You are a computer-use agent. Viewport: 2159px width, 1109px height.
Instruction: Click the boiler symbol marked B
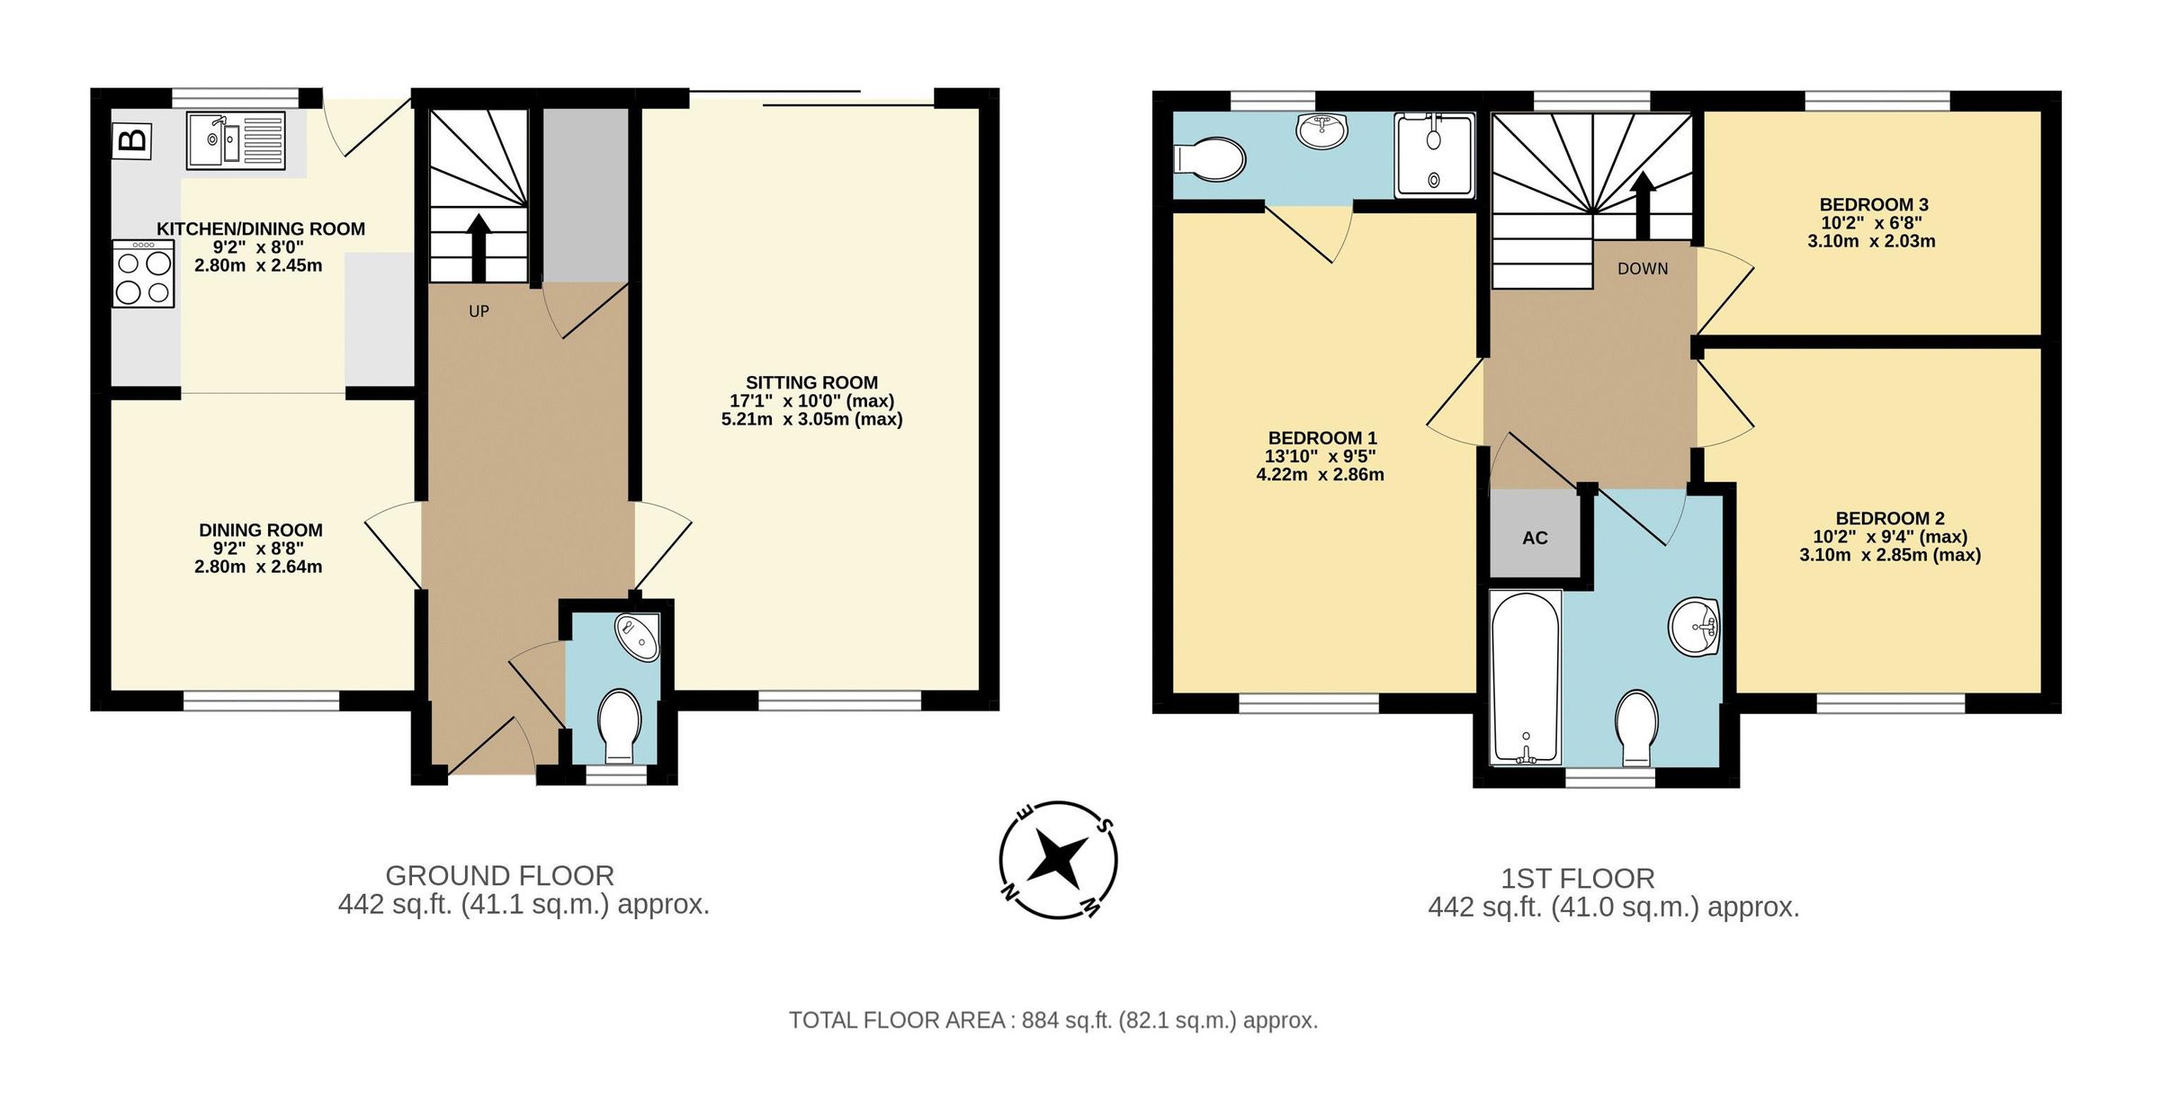pyautogui.click(x=132, y=141)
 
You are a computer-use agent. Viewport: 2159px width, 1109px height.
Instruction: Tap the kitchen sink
pyautogui.click(x=236, y=140)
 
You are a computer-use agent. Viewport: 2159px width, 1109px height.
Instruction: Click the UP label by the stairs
pyautogui.click(x=479, y=311)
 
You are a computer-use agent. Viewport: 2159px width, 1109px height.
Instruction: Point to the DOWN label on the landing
pyautogui.click(x=1643, y=269)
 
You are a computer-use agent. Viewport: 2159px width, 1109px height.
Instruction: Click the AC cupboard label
pyautogui.click(x=1535, y=538)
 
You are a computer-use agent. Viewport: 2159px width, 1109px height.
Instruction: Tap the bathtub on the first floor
pyautogui.click(x=1526, y=678)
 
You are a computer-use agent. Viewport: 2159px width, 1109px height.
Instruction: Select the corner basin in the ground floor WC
pyautogui.click(x=640, y=637)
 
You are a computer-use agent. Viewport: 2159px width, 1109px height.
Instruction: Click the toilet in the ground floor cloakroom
pyautogui.click(x=619, y=723)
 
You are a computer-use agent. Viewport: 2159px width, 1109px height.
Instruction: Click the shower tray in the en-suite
pyautogui.click(x=1434, y=155)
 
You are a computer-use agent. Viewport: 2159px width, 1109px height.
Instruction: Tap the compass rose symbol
pyautogui.click(x=1058, y=860)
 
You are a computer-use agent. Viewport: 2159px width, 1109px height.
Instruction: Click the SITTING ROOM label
pyautogui.click(x=811, y=382)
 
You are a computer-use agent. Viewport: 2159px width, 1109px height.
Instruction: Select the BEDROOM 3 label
pyautogui.click(x=1874, y=204)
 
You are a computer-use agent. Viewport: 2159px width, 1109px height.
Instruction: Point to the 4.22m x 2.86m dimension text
pyautogui.click(x=1320, y=475)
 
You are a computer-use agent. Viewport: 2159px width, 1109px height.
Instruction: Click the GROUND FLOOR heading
pyautogui.click(x=499, y=875)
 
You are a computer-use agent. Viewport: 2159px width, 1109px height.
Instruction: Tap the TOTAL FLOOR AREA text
pyautogui.click(x=1053, y=1021)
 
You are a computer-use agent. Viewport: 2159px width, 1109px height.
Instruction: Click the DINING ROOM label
pyautogui.click(x=260, y=530)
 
